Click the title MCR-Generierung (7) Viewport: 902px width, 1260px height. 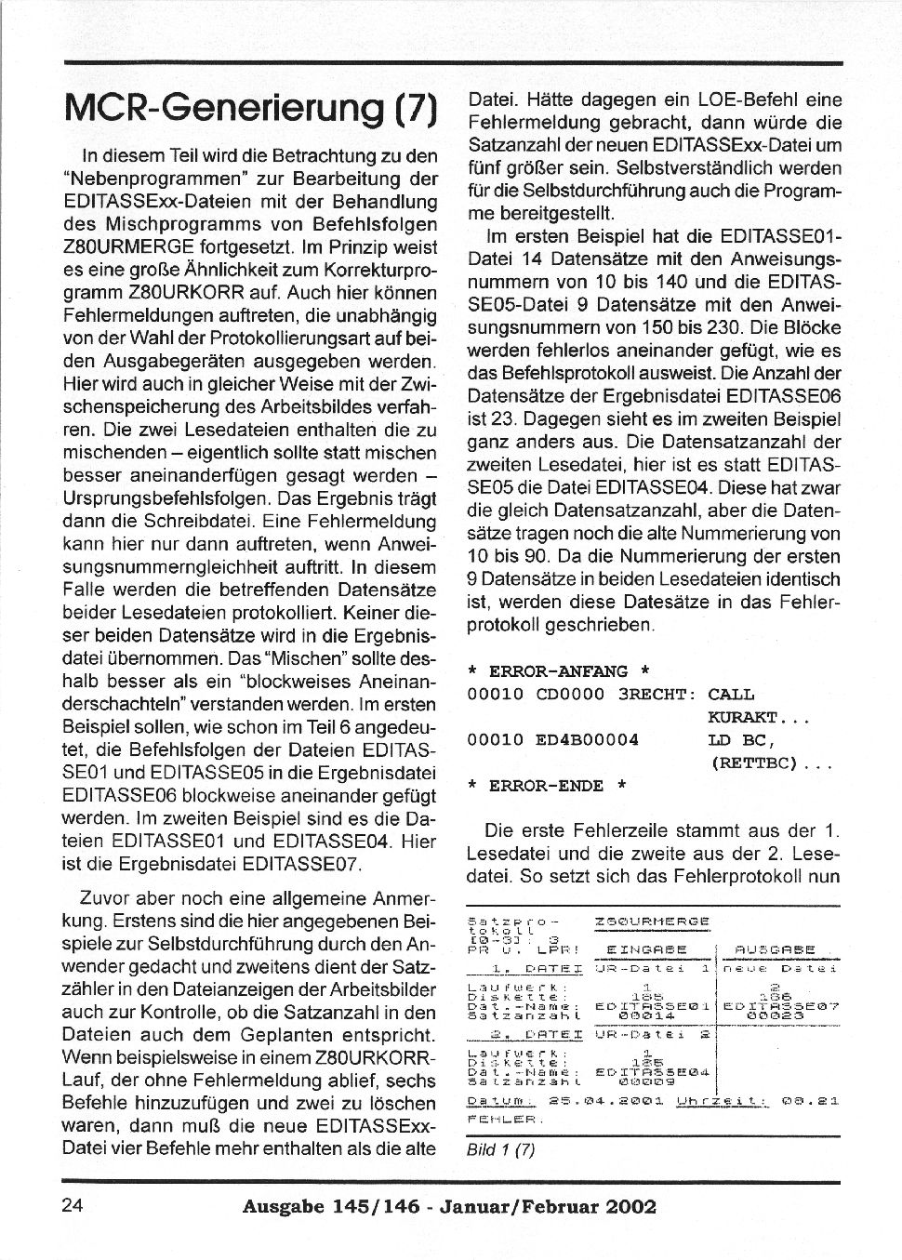249,109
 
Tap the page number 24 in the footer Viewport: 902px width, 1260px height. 73,1206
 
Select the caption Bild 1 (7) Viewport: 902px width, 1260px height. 500,1149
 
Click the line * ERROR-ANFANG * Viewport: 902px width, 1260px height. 558,671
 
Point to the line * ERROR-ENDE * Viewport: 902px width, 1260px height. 546,786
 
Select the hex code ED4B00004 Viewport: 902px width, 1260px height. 588,740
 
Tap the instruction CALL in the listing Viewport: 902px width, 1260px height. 731,695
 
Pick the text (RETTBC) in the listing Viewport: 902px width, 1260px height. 754,763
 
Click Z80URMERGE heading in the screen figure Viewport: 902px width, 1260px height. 652,922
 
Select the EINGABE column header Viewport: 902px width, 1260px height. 646,949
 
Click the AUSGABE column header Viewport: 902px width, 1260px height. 774,949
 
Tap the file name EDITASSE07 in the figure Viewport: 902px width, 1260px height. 781,1005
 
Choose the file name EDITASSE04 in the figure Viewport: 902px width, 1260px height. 653,1072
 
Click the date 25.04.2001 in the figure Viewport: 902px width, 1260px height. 605,1101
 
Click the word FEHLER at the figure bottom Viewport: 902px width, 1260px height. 492,1119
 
